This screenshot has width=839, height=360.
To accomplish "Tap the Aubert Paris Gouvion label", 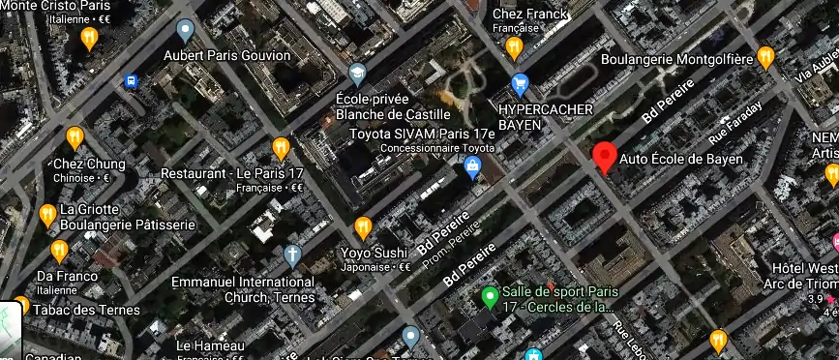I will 227,55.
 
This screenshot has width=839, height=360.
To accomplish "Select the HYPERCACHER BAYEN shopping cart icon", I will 521,84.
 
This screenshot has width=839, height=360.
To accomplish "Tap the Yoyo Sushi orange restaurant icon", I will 363,228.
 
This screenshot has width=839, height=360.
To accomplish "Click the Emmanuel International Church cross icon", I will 292,255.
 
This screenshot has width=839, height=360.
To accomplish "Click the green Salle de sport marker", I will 491,295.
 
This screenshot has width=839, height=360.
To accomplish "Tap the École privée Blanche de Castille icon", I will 357,74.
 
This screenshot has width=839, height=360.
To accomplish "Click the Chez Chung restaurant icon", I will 75,137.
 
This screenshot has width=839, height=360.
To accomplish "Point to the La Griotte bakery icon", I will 46,215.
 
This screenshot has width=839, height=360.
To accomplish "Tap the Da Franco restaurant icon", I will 60,252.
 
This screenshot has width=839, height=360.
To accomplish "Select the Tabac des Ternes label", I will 86,310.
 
